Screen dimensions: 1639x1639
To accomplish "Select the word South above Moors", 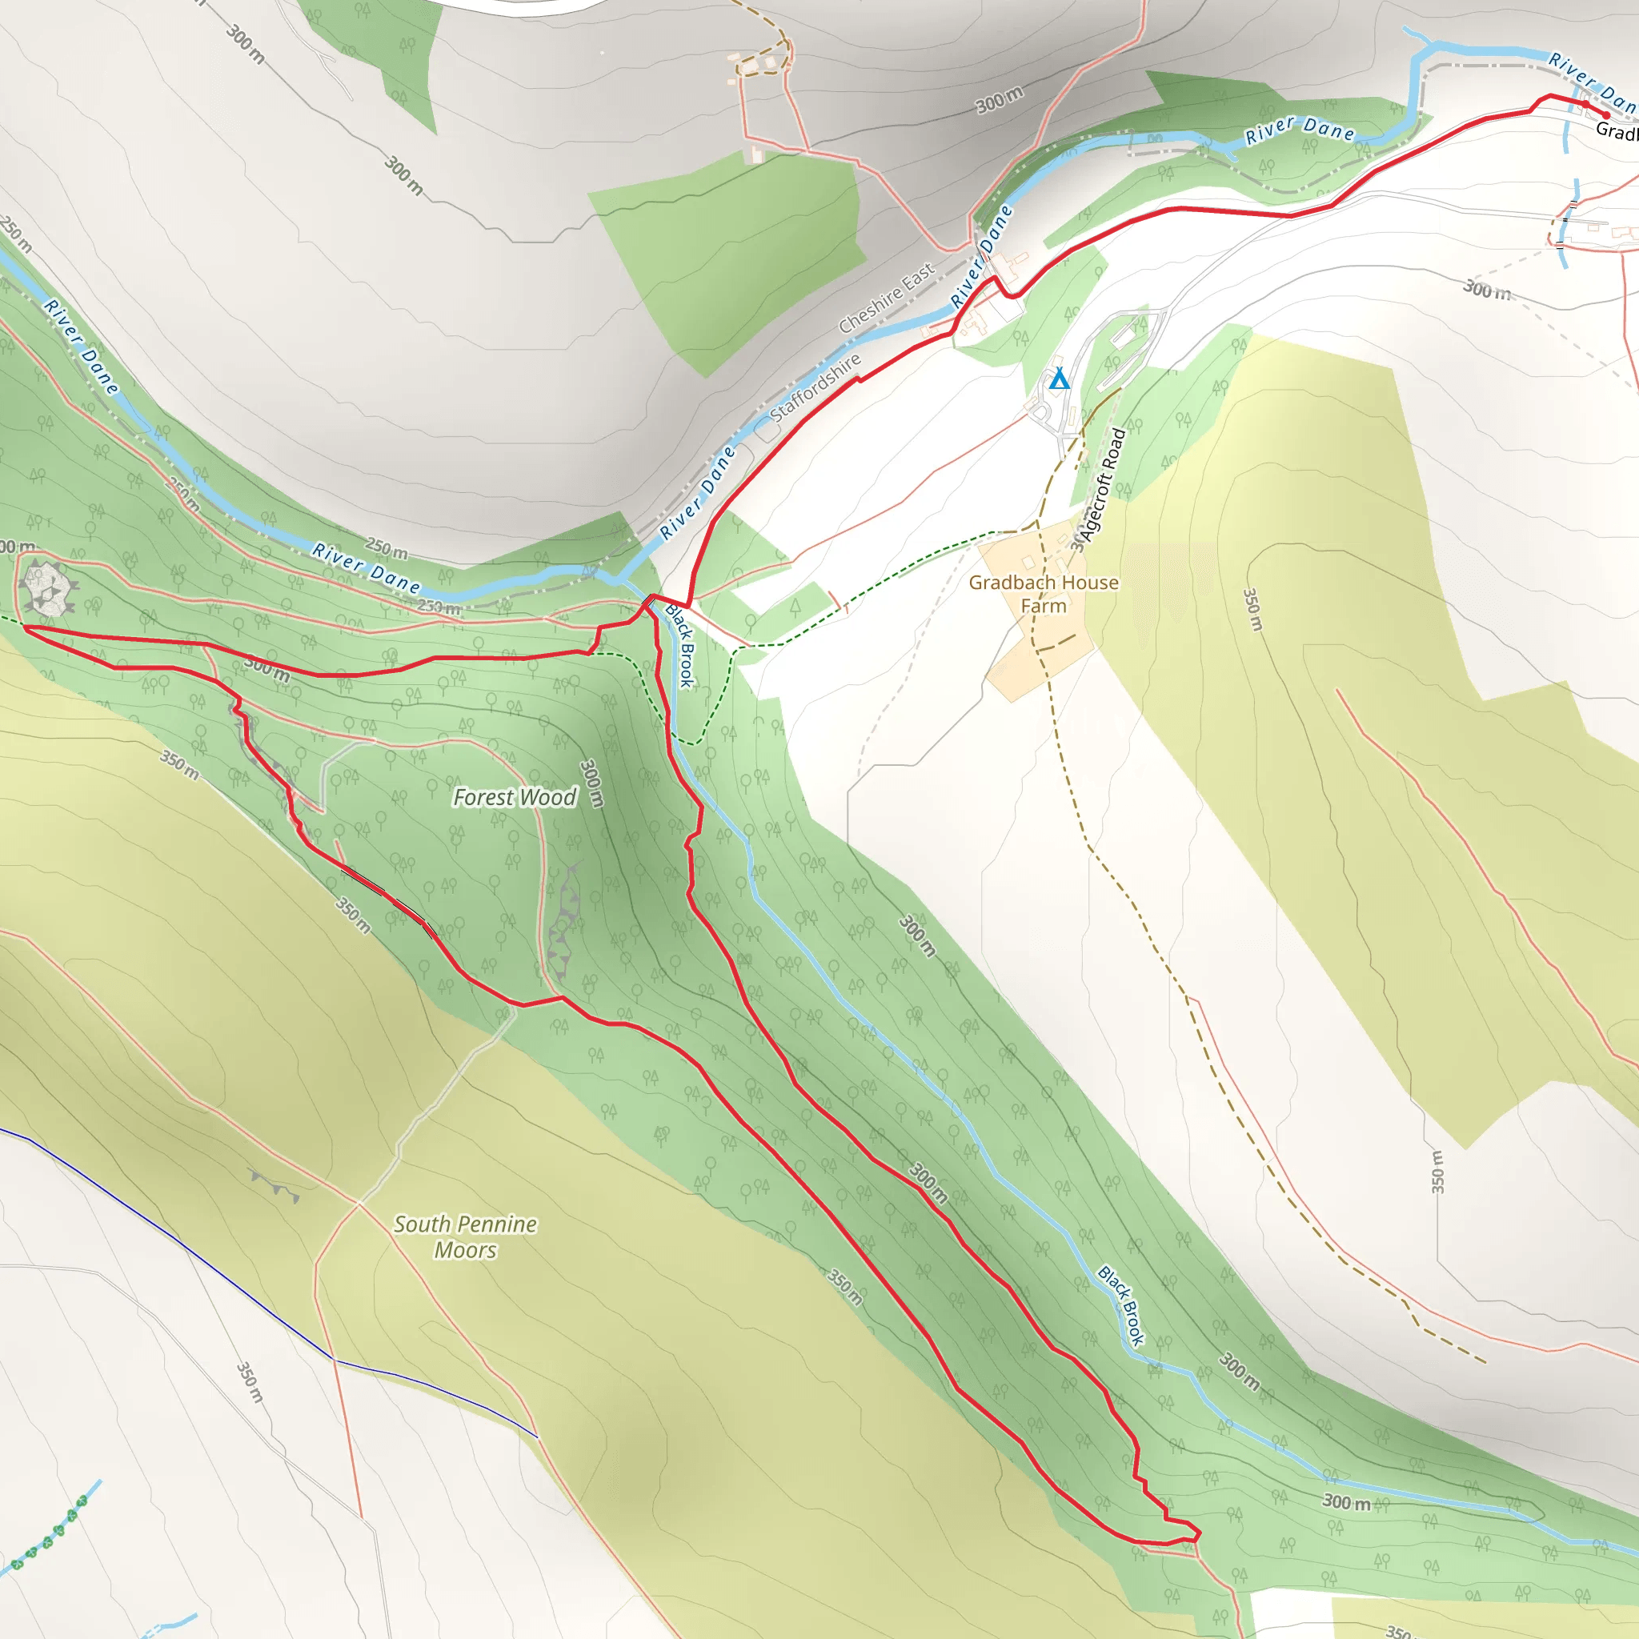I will coord(422,1224).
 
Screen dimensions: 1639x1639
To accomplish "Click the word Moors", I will coord(465,1249).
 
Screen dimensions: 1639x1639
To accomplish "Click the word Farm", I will coord(1044,606).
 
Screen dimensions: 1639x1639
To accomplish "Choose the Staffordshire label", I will coord(815,388).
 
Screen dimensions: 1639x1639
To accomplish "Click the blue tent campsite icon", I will coord(1059,379).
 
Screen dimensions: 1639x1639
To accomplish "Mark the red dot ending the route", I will coord(1606,115).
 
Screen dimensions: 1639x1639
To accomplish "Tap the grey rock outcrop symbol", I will coord(46,588).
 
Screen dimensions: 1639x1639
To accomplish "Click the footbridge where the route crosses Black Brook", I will coord(648,601).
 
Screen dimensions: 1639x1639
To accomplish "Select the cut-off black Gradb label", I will coord(1617,131).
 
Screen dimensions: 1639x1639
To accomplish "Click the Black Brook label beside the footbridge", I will coord(680,645).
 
